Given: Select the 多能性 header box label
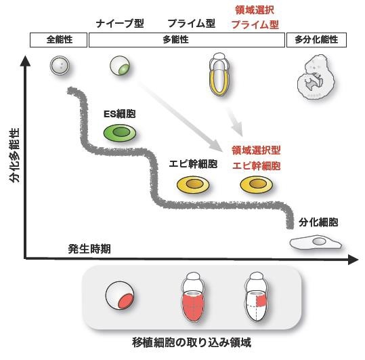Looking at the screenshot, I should pos(188,40).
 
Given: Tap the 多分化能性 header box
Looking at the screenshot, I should pos(316,40).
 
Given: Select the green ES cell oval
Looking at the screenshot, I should pos(121,132).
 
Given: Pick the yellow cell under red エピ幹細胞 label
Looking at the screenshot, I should pos(257,184).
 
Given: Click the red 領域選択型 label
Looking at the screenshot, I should pos(256,150).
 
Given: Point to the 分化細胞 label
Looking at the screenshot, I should pos(318,222).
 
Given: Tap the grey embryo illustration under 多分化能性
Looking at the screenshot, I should pos(316,81).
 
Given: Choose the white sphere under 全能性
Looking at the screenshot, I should pos(60,66).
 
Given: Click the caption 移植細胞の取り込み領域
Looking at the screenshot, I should pos(192,342).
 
